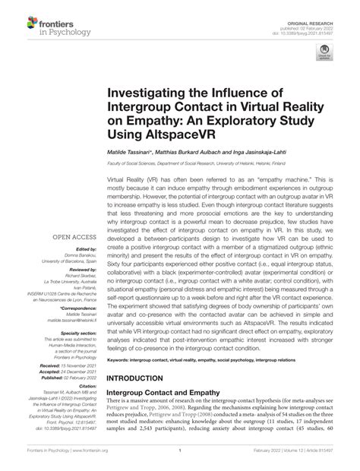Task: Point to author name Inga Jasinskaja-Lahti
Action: point(281,174)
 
